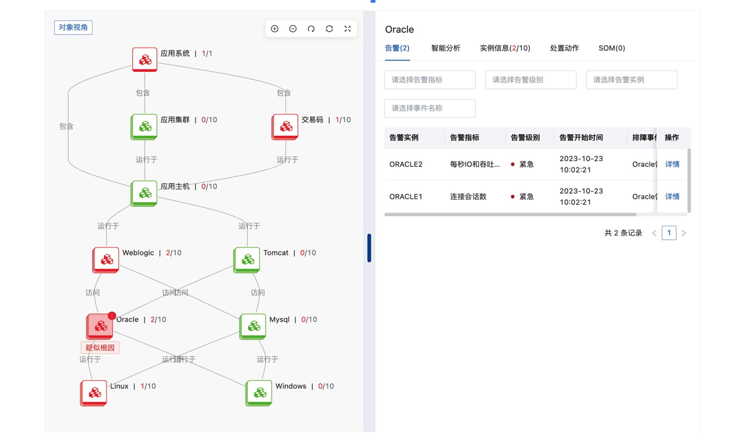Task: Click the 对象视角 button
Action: point(73,27)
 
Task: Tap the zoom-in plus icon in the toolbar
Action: point(274,29)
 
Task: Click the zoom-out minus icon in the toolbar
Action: point(293,29)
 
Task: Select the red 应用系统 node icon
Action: point(145,60)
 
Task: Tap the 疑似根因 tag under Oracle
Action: point(100,348)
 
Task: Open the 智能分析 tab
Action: point(445,48)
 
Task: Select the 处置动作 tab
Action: point(564,48)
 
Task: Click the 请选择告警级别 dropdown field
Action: point(530,80)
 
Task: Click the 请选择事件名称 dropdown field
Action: point(430,108)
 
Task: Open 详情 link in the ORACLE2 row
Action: point(672,164)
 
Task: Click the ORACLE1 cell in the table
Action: point(406,197)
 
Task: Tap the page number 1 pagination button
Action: point(669,233)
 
